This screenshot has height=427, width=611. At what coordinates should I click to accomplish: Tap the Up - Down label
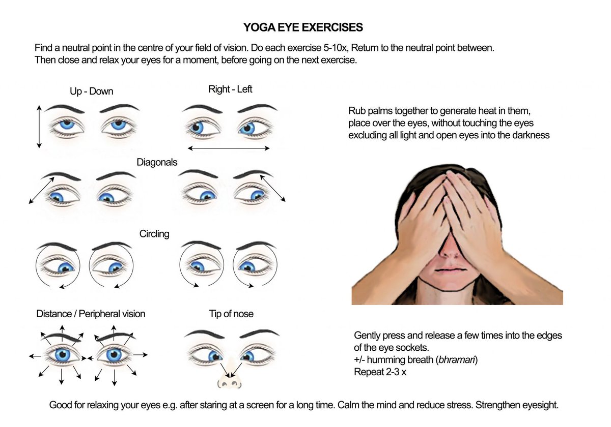[91, 91]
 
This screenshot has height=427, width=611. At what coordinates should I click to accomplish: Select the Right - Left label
[230, 89]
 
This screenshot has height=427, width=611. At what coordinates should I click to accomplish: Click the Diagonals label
[157, 163]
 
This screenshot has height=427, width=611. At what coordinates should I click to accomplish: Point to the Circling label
[154, 234]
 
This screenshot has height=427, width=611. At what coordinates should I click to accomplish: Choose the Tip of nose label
[231, 314]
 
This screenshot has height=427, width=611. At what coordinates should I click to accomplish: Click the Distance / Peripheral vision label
[91, 314]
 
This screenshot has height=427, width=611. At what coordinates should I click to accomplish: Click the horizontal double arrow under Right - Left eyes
[229, 148]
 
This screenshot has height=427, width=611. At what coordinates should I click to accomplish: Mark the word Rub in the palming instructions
[357, 111]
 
